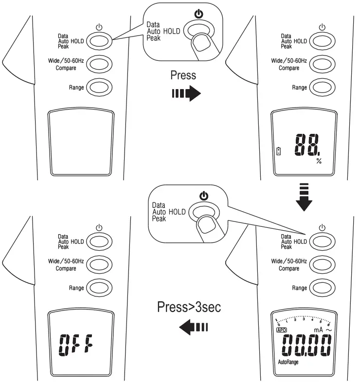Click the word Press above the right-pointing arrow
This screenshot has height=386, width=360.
[183, 75]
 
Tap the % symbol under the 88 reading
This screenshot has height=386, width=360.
[319, 161]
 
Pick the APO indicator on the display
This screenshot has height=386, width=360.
[282, 330]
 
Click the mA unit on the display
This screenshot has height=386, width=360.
[319, 330]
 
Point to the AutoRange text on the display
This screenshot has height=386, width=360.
[288, 362]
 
